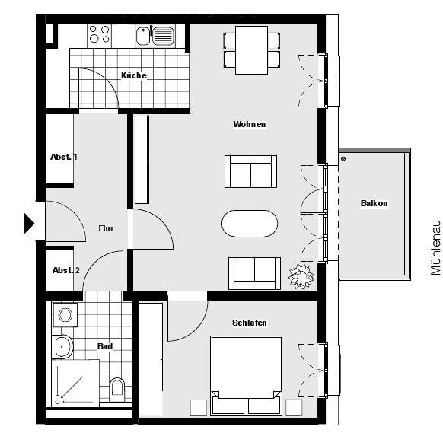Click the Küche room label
[134, 75]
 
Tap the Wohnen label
[250, 124]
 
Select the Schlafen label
[250, 323]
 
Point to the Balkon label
[374, 203]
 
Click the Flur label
[106, 228]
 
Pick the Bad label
[105, 346]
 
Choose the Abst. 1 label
[64, 157]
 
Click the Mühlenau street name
[435, 247]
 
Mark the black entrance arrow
[29, 223]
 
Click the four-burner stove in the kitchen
[99, 34]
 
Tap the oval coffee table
[250, 224]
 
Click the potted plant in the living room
[301, 275]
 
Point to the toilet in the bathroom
[117, 390]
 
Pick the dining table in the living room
[251, 49]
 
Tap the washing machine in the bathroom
[64, 314]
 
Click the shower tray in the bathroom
[76, 384]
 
